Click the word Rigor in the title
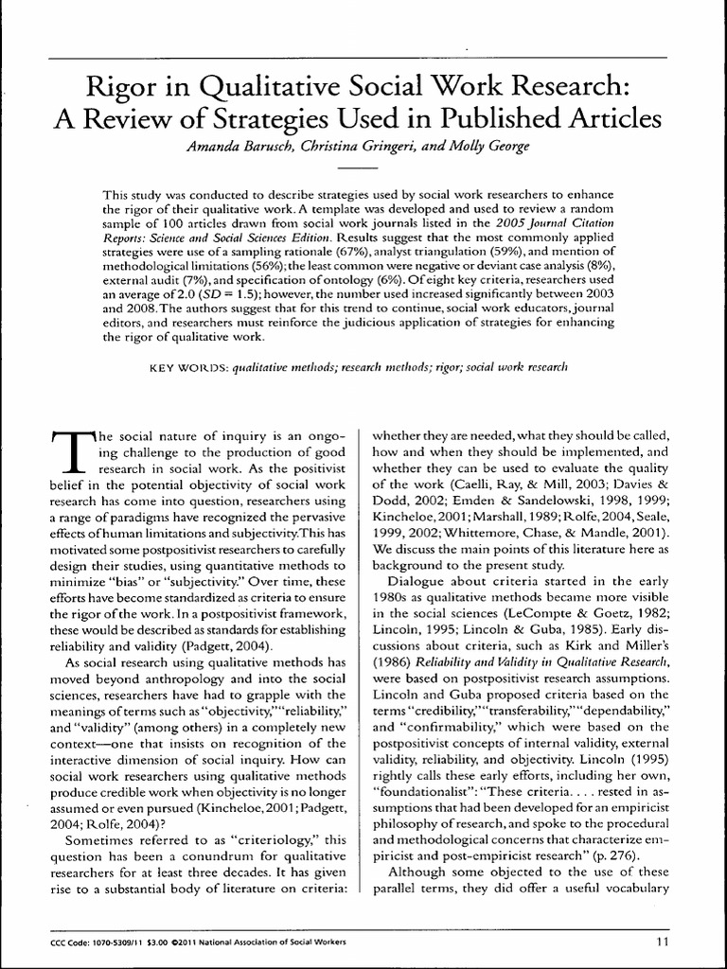point(115,90)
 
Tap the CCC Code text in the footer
point(71,942)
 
